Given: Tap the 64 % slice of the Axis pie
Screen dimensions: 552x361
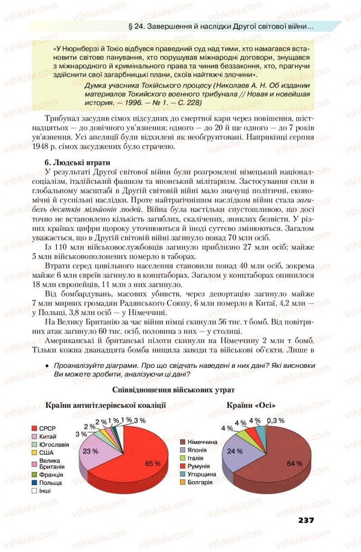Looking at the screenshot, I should (x=287, y=460).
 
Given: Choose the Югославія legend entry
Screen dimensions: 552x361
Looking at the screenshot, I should (x=50, y=445).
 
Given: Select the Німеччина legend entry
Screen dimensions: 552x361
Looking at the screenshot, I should (x=198, y=442).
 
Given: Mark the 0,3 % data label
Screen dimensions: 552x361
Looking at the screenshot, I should (x=275, y=420).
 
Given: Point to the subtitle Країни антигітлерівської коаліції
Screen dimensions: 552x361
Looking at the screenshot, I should (x=106, y=405).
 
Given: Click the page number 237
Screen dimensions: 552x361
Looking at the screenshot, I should (x=306, y=520).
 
